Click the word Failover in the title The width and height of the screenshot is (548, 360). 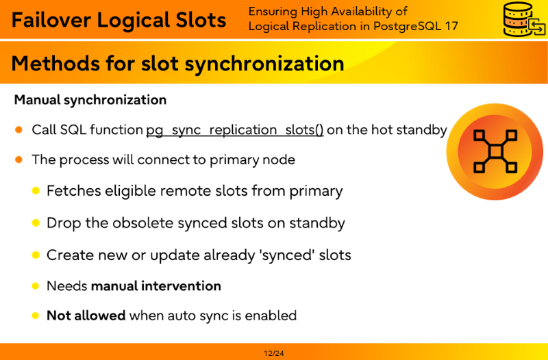52,20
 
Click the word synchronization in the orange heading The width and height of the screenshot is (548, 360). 264,64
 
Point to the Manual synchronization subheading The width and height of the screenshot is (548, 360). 90,100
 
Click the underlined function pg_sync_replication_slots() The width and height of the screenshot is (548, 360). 235,130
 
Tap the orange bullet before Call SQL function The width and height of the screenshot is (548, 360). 19,130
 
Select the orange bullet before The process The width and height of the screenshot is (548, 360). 19,159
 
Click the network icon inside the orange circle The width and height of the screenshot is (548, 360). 495,151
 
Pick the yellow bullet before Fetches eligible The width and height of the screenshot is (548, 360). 36,191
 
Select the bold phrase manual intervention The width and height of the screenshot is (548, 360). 156,286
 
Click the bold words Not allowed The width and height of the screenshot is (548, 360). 86,316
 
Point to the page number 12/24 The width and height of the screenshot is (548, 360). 274,353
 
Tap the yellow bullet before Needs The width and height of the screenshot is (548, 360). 36,286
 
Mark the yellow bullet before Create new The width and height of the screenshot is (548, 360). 36,255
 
